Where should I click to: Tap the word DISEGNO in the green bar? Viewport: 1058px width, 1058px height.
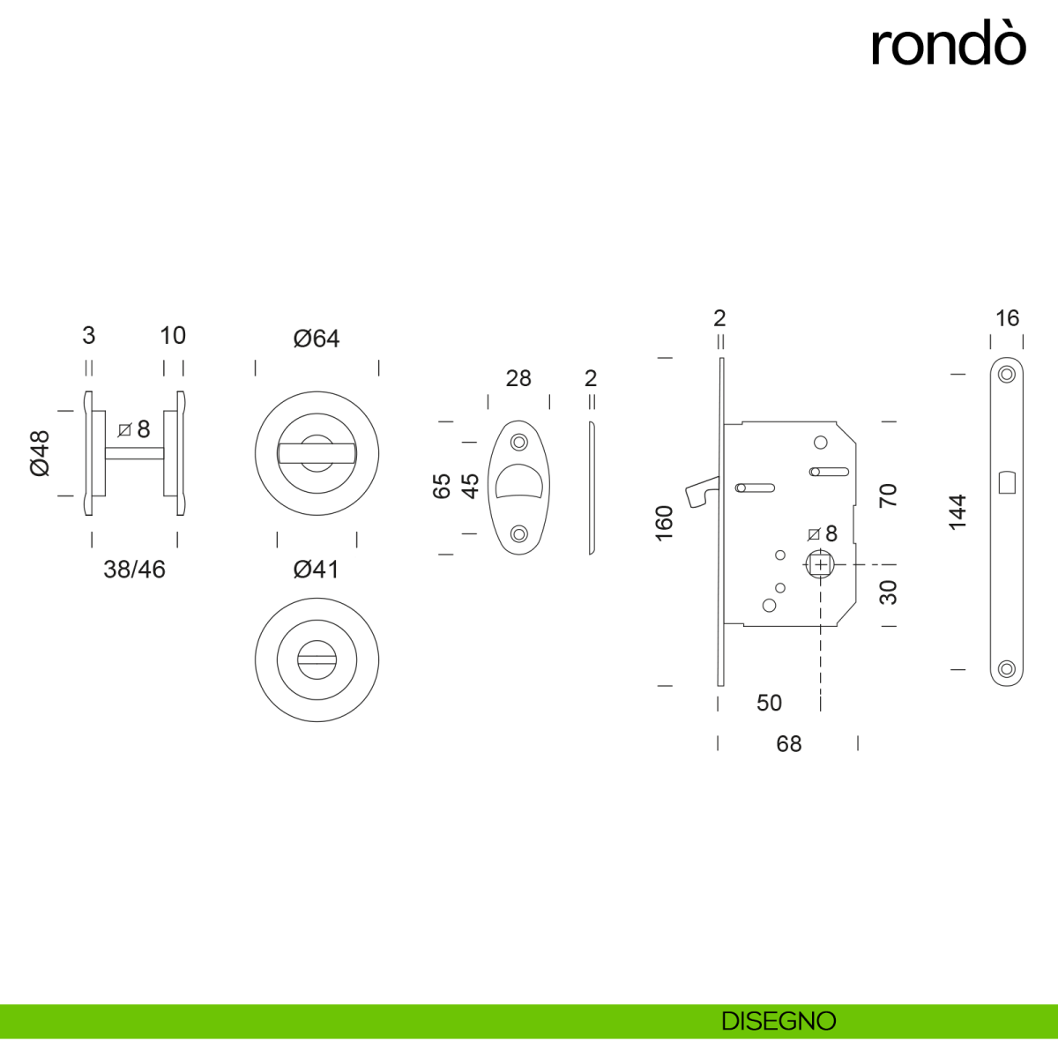pos(779,1021)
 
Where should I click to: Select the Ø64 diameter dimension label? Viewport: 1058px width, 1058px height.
pos(317,339)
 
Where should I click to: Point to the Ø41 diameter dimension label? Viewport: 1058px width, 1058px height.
pos(317,570)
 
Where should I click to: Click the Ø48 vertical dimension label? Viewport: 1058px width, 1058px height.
pos(41,453)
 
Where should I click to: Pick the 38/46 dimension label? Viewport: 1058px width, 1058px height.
pos(134,570)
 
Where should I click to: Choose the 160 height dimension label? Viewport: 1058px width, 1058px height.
pos(665,523)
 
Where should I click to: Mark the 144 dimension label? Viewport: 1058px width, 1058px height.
pos(957,512)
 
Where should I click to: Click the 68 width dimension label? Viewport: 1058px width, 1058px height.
pos(788,744)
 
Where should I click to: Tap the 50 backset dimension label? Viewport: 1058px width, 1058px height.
pos(769,703)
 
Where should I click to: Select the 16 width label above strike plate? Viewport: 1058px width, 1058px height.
pos(1007,318)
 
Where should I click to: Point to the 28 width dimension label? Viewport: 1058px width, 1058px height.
pos(518,378)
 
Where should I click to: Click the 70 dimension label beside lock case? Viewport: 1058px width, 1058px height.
pos(888,495)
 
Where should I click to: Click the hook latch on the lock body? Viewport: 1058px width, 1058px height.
pos(704,490)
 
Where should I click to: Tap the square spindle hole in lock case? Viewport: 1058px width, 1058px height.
pos(821,564)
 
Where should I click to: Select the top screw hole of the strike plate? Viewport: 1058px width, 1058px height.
pos(1006,375)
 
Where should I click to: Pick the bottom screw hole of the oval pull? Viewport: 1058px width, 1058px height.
pos(518,533)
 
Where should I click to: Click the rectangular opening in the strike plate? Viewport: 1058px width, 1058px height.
pos(1006,483)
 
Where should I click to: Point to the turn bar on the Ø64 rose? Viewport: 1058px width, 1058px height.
pos(317,453)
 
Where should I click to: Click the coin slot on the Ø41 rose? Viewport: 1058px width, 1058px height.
pos(317,658)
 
